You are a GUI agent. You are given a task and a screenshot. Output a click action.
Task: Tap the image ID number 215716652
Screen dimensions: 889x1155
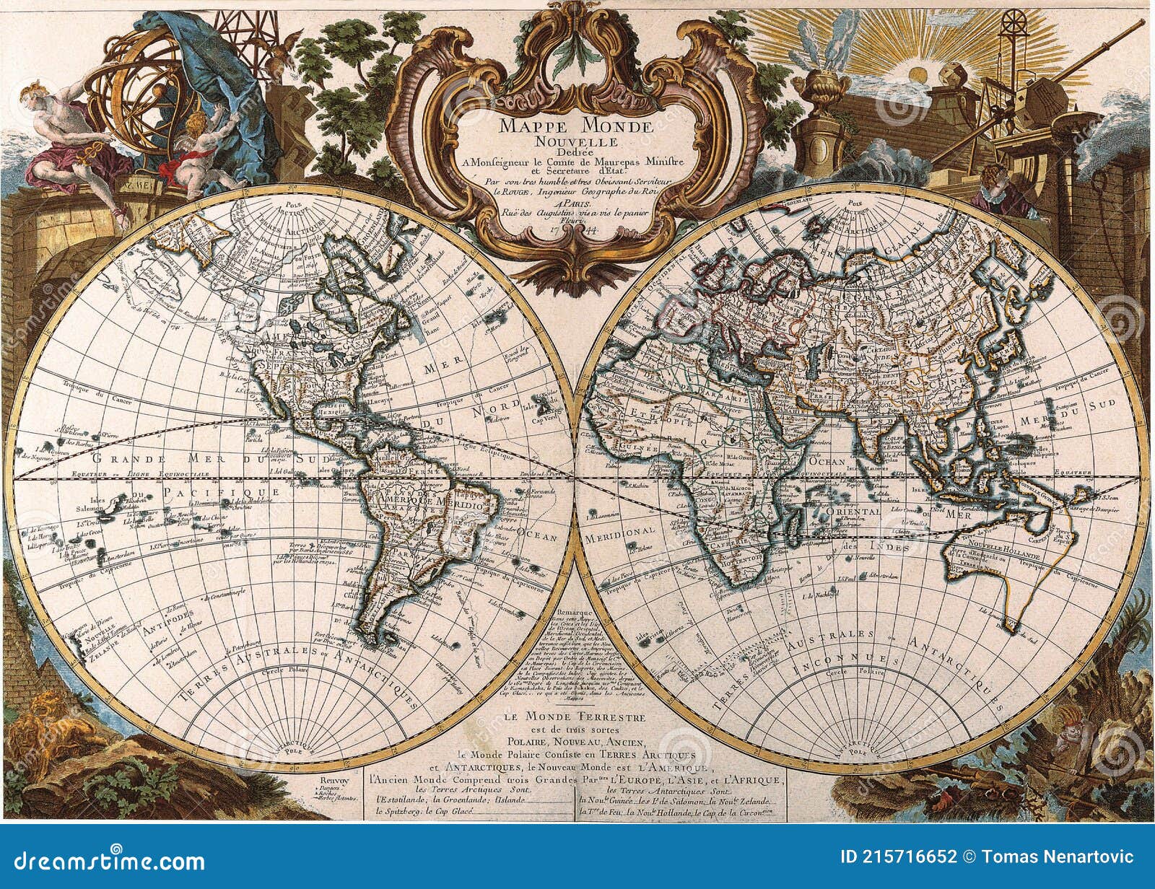click(x=913, y=857)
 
